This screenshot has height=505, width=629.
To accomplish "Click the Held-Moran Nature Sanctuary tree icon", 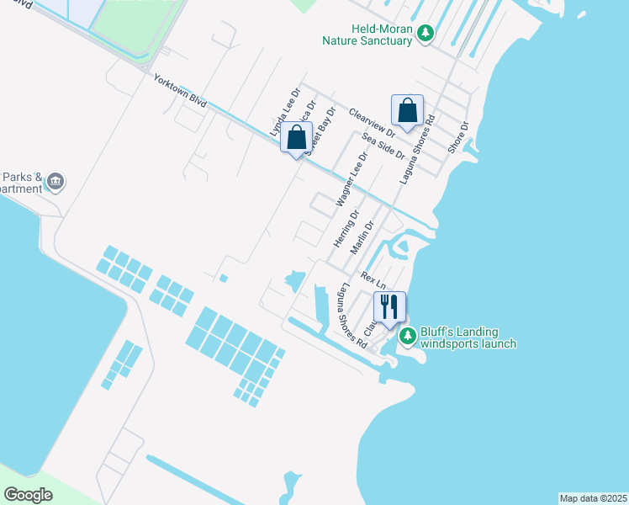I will point(427,33).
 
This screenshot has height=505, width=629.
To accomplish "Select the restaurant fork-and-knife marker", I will point(388,306).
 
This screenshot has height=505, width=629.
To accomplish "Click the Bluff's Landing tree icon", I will point(407,336).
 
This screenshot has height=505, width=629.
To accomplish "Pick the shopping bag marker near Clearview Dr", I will point(407,110).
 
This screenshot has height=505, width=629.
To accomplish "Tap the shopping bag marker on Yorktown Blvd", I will point(297,138).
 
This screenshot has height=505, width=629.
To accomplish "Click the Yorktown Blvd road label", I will point(179,90).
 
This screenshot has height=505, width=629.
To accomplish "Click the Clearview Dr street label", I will point(372,122).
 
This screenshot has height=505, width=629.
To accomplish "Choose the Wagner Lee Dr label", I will point(352,178).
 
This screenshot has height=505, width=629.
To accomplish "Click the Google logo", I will point(29,494).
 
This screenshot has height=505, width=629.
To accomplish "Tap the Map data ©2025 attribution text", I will point(593,497).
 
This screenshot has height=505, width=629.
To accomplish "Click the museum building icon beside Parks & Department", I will point(55,180).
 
